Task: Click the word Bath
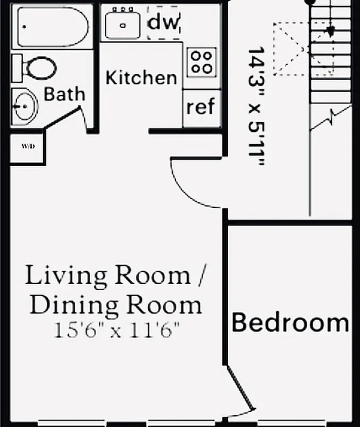coord(64,94)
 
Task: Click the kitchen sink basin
coord(123,25)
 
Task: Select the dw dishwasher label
coord(164,22)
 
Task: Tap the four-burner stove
coord(202,61)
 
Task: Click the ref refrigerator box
coord(201,107)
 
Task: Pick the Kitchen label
coord(141,77)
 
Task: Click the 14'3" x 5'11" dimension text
coord(257,107)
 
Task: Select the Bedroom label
coord(290,323)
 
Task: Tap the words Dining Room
coord(116,305)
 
